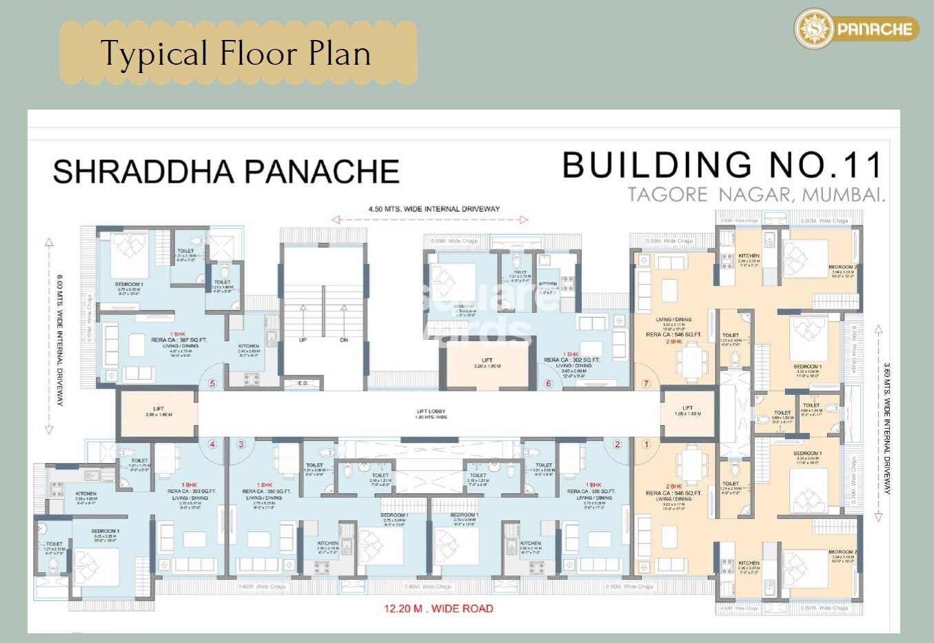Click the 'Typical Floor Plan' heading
236,54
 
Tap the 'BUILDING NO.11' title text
722,165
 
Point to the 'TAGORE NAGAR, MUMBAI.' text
756,195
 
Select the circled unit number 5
212,384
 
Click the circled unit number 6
549,384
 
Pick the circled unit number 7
646,384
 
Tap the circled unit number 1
646,445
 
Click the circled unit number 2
618,445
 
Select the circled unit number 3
241,445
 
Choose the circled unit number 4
212,445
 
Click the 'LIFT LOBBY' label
432,412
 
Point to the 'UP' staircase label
303,340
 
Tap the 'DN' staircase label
344,340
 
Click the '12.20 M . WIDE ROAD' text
439,609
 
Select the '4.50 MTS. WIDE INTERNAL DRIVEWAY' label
434,209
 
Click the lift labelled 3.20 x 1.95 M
487,363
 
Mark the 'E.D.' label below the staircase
303,383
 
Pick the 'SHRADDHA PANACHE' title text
226,172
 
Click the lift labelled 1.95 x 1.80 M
687,411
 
